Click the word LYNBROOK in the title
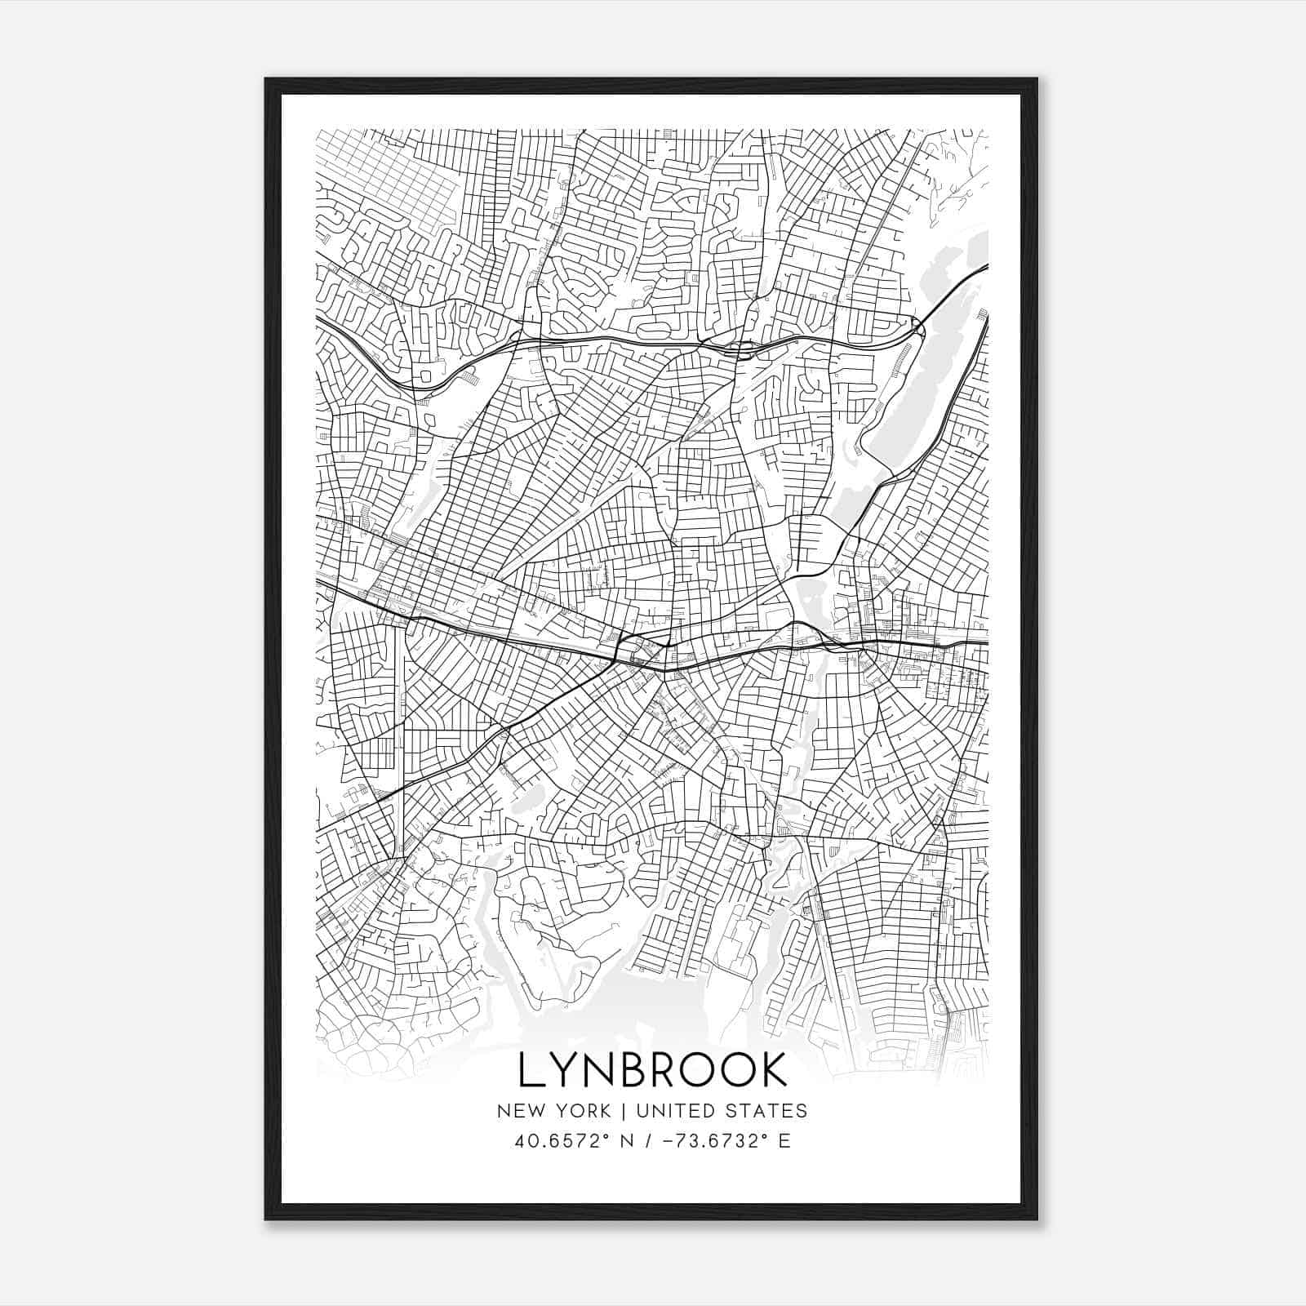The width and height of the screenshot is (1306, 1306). click(x=653, y=1069)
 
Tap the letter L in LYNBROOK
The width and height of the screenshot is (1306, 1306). click(x=530, y=1069)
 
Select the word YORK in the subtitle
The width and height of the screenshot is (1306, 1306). click(x=582, y=1111)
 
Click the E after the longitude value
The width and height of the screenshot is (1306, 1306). click(x=784, y=1141)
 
